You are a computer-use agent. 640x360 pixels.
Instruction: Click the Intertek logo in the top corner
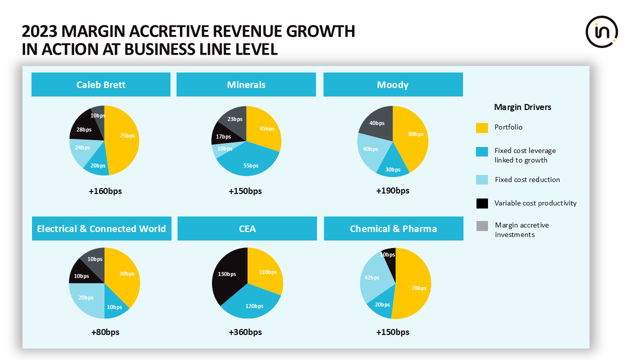point(601,32)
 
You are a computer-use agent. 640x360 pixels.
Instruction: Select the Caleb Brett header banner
point(101,84)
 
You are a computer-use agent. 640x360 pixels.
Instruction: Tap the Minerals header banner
point(246,84)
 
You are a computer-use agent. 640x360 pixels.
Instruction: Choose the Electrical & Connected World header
point(101,228)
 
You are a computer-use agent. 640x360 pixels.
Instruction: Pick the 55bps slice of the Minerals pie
point(250,162)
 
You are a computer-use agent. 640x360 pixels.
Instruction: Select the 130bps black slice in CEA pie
point(227,275)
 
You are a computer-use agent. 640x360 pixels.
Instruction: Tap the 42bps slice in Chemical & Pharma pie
point(372,278)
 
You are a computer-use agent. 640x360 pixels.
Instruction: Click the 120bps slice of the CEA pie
point(252,304)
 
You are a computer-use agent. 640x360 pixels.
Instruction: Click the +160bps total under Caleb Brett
point(105,191)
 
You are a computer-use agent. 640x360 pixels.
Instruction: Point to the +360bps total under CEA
point(245,332)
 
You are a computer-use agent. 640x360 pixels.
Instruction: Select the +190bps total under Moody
point(392,190)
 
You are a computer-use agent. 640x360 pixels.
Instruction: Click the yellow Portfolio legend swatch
point(482,127)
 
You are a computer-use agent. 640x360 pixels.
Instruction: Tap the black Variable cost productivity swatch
point(482,203)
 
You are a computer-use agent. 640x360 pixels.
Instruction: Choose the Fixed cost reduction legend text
point(527,179)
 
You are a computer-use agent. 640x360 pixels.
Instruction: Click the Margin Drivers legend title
point(522,107)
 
